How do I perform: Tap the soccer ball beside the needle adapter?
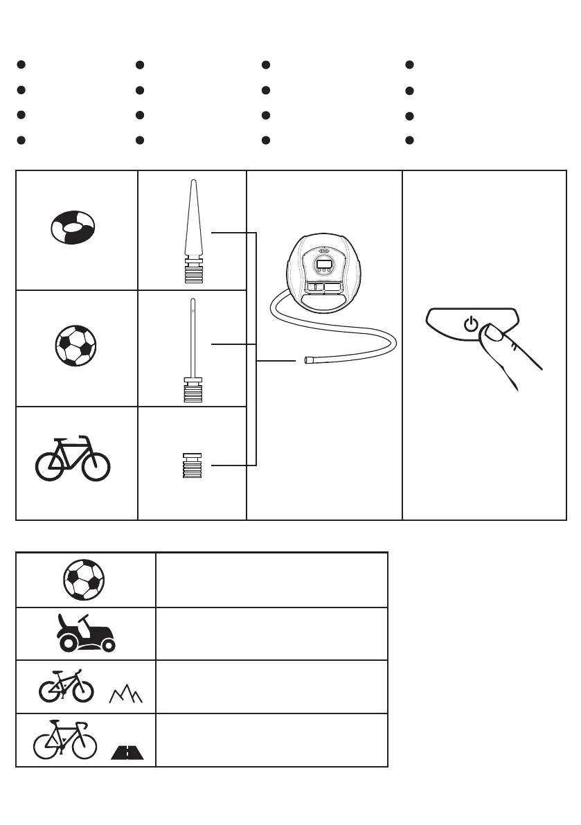tap(75, 344)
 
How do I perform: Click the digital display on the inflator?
tap(323, 264)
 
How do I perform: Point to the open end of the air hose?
tap(307, 361)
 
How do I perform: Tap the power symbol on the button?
tap(471, 324)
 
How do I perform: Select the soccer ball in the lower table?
tap(84, 580)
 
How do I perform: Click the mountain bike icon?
tap(66, 686)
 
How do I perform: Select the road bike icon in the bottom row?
tap(66, 740)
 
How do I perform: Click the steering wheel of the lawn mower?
tap(84, 619)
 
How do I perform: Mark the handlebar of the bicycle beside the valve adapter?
tap(84, 436)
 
